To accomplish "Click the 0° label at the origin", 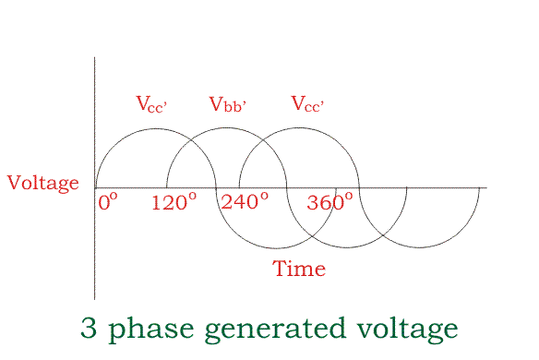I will tap(108, 201).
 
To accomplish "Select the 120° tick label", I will tap(174, 201).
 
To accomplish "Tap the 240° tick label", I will tap(245, 201).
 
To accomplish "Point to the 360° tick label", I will tap(329, 202).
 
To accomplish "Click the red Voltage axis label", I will tap(43, 183).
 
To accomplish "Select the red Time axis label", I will tap(299, 270).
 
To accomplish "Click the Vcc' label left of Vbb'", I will tap(152, 104).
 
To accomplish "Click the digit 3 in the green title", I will tap(90, 329).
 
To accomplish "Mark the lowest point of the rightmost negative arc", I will tap(419, 248).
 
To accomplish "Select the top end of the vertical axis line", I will tap(95, 57).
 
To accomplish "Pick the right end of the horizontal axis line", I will tap(486, 188).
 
